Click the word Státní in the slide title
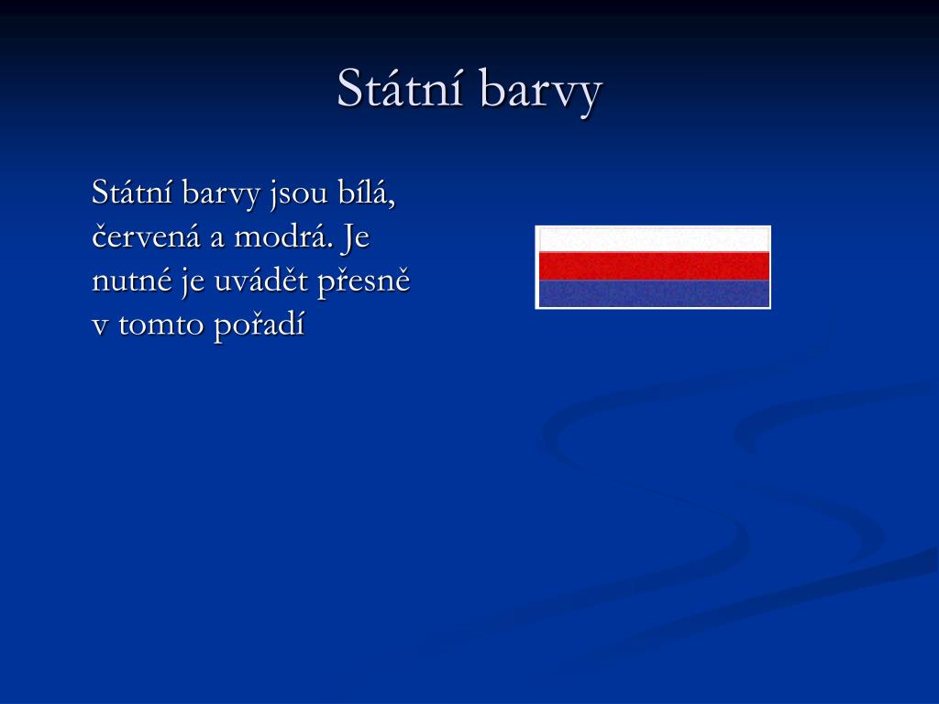[x=400, y=88]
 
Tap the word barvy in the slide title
[x=540, y=92]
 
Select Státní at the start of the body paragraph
[x=132, y=192]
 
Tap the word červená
[x=146, y=236]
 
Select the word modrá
[x=283, y=236]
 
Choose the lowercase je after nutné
[x=193, y=282]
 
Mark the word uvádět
[x=261, y=280]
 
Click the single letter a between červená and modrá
[x=216, y=238]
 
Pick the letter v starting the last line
[x=100, y=327]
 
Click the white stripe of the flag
[x=654, y=240]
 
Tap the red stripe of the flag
[x=654, y=266]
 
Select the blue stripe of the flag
[x=654, y=293]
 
